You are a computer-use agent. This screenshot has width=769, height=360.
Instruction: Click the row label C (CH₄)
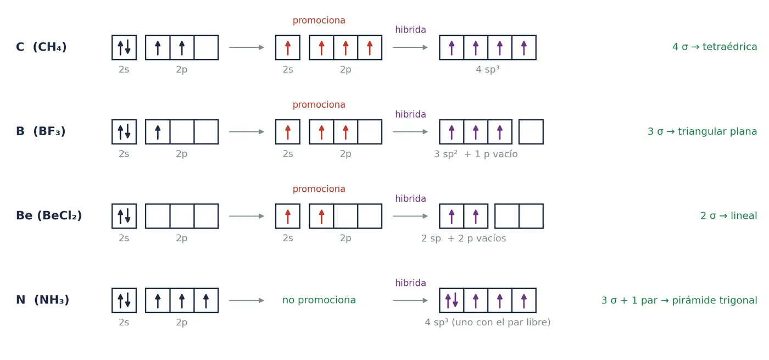tap(41, 47)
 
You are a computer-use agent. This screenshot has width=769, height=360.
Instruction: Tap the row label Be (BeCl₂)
tap(49, 215)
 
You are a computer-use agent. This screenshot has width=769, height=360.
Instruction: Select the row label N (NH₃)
tap(43, 300)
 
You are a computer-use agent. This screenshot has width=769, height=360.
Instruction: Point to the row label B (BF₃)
tap(41, 131)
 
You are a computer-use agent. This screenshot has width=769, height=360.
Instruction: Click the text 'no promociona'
tap(319, 300)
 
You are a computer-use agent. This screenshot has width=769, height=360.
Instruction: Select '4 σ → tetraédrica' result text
tap(715, 47)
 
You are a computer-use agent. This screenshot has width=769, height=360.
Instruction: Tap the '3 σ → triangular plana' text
tap(702, 131)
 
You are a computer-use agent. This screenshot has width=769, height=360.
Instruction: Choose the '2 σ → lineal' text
tap(728, 215)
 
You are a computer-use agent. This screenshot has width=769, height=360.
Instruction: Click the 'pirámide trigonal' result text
tap(715, 300)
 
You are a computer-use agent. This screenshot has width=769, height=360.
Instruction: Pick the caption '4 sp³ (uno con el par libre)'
tap(488, 322)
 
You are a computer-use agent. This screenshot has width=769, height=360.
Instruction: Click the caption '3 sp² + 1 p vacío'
tap(476, 154)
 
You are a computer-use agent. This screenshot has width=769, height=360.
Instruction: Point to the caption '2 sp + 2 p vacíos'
tap(464, 239)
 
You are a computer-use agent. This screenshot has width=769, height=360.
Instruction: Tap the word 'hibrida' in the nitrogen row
tap(410, 283)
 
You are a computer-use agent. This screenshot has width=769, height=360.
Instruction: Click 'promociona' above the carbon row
tap(319, 21)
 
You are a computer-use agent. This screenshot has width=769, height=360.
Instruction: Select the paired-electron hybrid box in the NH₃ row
tap(452, 300)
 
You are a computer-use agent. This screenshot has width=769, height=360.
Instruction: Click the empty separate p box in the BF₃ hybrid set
tap(531, 131)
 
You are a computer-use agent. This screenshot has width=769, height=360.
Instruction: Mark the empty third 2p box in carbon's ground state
tap(206, 47)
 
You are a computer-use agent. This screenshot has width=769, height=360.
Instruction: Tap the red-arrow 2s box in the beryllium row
tap(288, 216)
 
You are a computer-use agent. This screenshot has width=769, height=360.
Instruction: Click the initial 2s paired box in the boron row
tap(124, 131)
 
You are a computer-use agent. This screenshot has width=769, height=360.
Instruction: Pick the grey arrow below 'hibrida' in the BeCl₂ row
tap(410, 216)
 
